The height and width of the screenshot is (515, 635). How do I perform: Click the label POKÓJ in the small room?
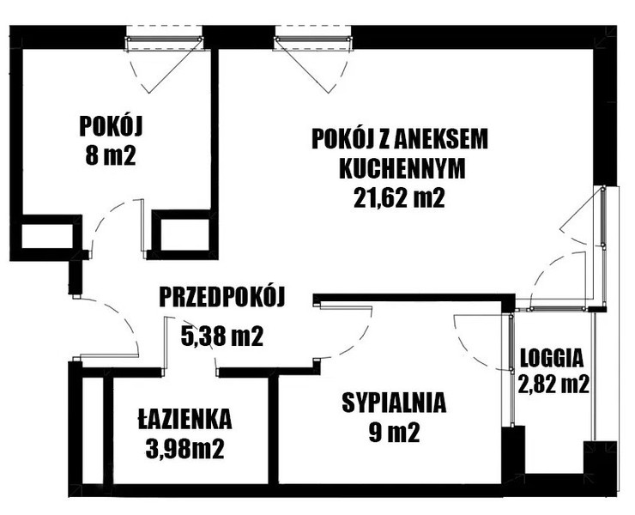click(x=111, y=126)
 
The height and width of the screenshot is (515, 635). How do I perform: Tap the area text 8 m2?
click(x=110, y=155)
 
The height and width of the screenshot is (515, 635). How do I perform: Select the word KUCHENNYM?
click(x=402, y=169)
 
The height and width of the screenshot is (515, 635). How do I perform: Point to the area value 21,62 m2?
click(x=399, y=198)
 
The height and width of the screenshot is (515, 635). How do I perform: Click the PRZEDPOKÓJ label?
click(x=222, y=297)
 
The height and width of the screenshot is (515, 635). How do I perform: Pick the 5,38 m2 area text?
click(x=222, y=336)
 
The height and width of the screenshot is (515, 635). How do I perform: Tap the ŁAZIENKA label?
click(x=184, y=418)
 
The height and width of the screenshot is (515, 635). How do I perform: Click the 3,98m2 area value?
click(x=184, y=449)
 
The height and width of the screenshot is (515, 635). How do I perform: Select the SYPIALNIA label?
click(x=394, y=403)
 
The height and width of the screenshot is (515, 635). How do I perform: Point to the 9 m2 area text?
click(x=394, y=433)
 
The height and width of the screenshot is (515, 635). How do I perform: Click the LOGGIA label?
click(x=552, y=359)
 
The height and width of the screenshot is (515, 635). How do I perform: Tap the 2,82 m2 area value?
click(x=553, y=385)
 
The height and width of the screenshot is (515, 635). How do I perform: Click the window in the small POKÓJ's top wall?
click(x=164, y=39)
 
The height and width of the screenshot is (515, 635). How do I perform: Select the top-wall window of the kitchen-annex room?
click(x=313, y=39)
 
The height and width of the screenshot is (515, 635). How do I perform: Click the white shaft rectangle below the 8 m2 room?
click(x=46, y=236)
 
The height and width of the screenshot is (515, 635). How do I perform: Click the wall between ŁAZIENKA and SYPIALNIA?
click(x=274, y=429)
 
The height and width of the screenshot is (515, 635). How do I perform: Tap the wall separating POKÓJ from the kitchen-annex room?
click(x=215, y=130)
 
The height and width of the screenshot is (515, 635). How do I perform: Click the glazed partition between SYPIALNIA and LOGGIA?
click(x=511, y=369)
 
